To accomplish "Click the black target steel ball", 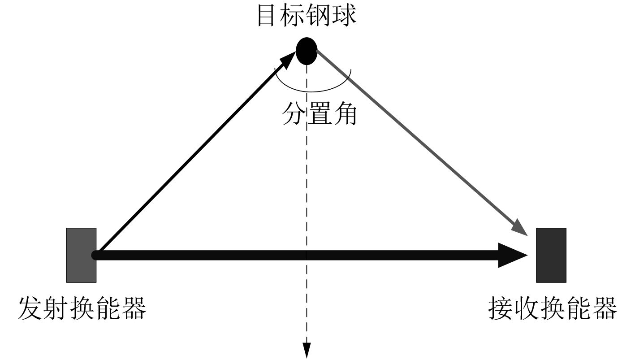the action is click(307, 50).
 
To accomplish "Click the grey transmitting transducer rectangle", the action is click(81, 255).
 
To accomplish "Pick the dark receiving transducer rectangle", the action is click(551, 255).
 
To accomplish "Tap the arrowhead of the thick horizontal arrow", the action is click(513, 256).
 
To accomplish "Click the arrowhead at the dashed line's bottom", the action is click(307, 350).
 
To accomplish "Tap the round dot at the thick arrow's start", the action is click(95, 256).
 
